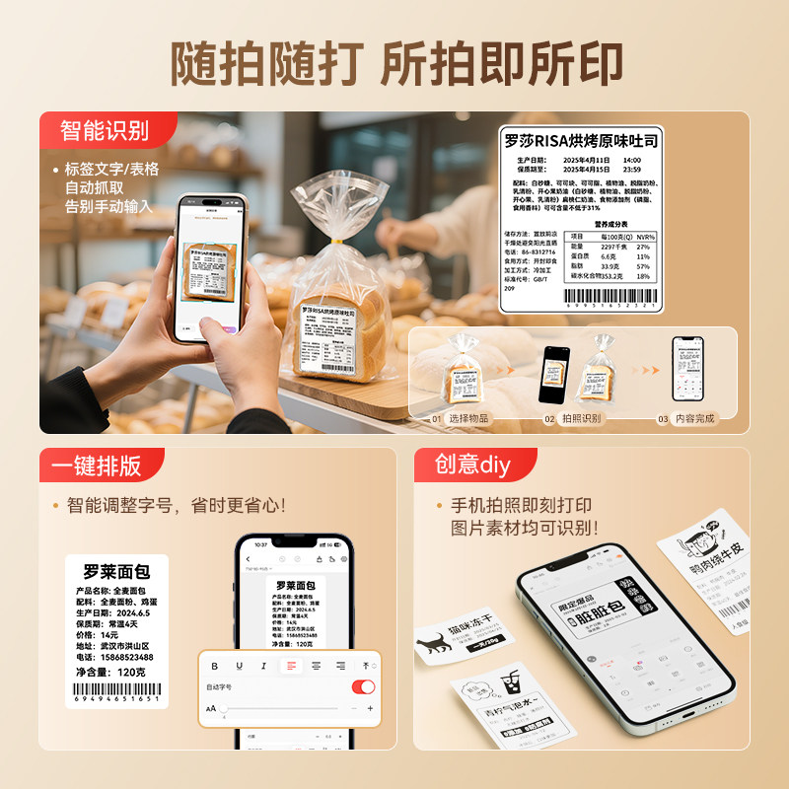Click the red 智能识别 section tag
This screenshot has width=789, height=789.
pyautogui.click(x=105, y=130)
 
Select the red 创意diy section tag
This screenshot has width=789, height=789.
pyautogui.click(x=473, y=465)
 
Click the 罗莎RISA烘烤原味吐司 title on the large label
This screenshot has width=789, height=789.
pyautogui.click(x=580, y=140)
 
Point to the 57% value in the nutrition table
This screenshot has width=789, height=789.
pyautogui.click(x=643, y=266)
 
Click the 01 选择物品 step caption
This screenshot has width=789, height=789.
pyautogui.click(x=460, y=418)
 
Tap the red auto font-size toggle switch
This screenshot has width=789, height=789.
pyautogui.click(x=363, y=686)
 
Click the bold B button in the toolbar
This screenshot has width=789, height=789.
pyautogui.click(x=215, y=666)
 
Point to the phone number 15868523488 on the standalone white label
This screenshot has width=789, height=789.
pyautogui.click(x=122, y=656)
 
